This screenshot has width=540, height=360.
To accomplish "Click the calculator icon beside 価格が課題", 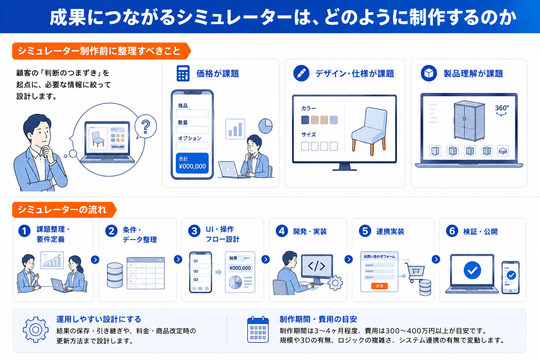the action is [183, 73].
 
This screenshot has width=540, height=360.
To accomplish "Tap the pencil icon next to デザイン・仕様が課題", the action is [301, 73].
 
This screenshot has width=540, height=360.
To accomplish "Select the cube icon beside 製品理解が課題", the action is [429, 73].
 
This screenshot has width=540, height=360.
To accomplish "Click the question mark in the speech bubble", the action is [146, 127].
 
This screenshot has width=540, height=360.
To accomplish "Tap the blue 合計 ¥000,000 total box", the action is [192, 163].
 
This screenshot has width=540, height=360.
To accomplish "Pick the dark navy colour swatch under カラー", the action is [305, 120].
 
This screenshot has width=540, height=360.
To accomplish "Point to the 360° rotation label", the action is [502, 110].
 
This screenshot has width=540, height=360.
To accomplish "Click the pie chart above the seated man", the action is [265, 126].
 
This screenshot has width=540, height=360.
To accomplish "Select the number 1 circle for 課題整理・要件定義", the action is [24, 231].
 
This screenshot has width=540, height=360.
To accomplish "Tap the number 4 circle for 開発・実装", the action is [282, 231].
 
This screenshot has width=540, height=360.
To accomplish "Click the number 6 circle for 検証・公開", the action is [452, 231].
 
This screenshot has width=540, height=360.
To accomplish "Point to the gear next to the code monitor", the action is [335, 283].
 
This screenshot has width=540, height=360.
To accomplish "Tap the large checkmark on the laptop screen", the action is [472, 270].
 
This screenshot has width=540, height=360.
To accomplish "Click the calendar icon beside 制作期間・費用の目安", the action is [258, 330].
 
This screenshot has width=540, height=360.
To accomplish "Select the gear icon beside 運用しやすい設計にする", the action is [36, 330].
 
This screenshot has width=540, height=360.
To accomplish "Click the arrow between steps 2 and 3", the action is [178, 259].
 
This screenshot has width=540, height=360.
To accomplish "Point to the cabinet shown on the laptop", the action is [469, 121].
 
